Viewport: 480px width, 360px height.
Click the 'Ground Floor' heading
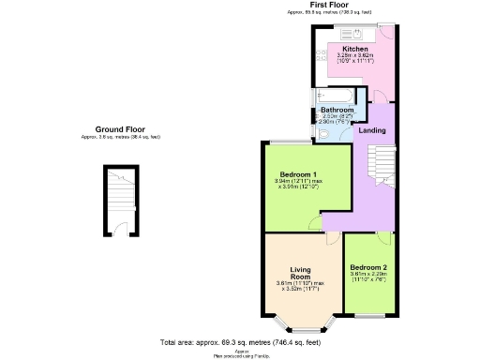tap(121, 129)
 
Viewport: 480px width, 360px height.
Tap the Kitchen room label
tap(355, 49)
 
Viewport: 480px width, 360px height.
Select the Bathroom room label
tap(337, 110)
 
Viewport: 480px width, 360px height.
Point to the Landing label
tap(371, 129)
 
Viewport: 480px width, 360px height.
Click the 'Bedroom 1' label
tap(301, 173)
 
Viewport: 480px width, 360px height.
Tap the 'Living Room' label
tap(300, 272)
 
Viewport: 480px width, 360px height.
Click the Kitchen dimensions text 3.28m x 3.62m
tap(355, 56)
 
